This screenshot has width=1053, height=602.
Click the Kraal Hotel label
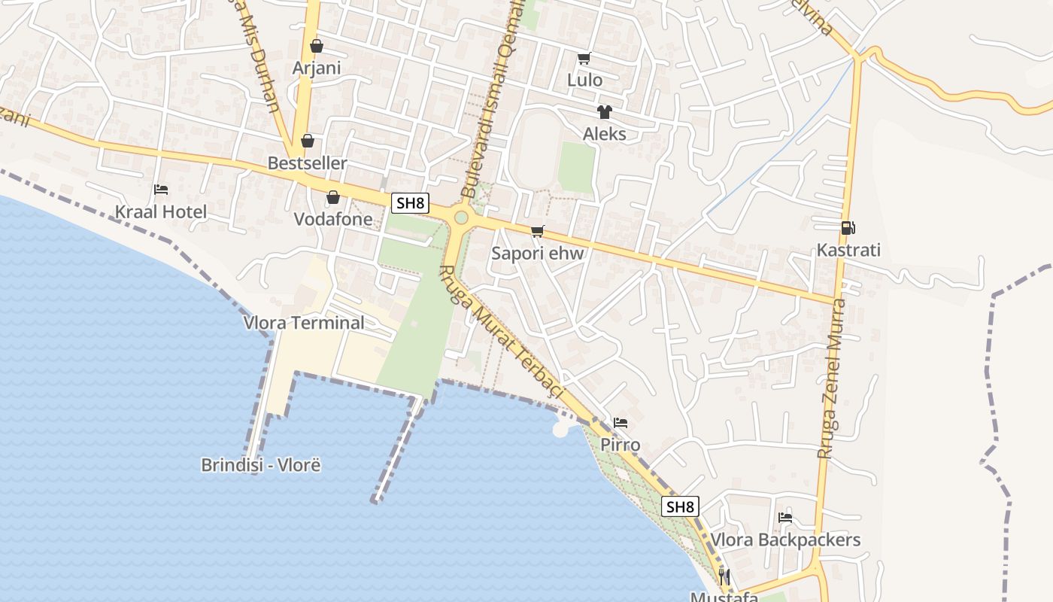click(x=160, y=211)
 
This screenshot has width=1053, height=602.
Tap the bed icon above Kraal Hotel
click(x=160, y=190)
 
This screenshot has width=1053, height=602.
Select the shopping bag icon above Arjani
click(x=317, y=46)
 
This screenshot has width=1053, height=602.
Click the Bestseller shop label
click(x=308, y=163)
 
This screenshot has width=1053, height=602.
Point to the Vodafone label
click(x=333, y=219)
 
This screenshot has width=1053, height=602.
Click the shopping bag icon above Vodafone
click(x=333, y=197)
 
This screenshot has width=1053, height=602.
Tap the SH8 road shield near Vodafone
click(x=410, y=202)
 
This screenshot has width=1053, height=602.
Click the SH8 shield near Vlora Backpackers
click(x=680, y=506)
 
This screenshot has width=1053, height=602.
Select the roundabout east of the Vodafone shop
click(x=461, y=217)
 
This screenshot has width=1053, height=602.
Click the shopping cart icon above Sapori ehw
click(x=537, y=231)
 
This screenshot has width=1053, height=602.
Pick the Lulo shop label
click(x=584, y=80)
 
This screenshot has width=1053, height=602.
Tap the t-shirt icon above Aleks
click(x=604, y=112)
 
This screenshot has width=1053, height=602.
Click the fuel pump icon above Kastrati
click(x=848, y=227)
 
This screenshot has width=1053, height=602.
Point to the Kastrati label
click(x=848, y=250)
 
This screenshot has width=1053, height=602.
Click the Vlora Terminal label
click(x=304, y=323)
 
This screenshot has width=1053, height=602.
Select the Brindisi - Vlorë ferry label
click(x=261, y=464)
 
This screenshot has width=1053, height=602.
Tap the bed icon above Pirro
click(x=621, y=423)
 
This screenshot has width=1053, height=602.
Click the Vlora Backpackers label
click(x=785, y=540)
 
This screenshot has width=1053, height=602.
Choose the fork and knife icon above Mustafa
click(x=724, y=577)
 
